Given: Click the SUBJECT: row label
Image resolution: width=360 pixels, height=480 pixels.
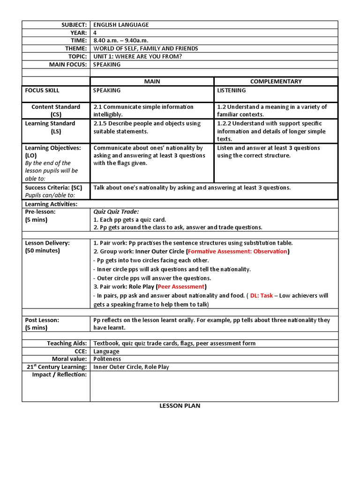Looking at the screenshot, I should point(71,24).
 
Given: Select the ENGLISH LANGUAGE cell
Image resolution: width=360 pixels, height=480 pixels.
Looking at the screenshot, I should point(121,24).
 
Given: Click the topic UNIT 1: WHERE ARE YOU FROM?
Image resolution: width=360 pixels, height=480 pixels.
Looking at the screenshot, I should point(138,57).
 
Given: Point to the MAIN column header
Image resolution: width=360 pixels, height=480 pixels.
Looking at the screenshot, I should point(152,82).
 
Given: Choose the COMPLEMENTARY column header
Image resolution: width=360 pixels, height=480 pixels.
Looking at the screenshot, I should point(276,82).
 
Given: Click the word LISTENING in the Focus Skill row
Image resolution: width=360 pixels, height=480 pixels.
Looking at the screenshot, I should point(232,90).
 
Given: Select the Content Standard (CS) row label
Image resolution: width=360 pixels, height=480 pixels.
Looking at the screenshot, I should point(56,111).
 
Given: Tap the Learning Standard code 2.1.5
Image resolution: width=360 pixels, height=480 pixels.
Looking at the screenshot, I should point(101,124).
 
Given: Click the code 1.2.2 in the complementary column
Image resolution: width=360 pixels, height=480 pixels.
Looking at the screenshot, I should point(225,124).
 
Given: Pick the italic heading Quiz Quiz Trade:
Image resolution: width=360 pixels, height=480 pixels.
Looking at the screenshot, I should point(116,212).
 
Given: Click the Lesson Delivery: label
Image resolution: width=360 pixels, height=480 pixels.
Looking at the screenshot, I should point(47,243).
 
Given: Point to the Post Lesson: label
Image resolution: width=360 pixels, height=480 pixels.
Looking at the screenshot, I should point(42,320).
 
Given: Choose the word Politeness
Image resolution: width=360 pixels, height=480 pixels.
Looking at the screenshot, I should point(107,359).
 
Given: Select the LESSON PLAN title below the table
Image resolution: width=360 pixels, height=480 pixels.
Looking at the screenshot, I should point(180,406).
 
